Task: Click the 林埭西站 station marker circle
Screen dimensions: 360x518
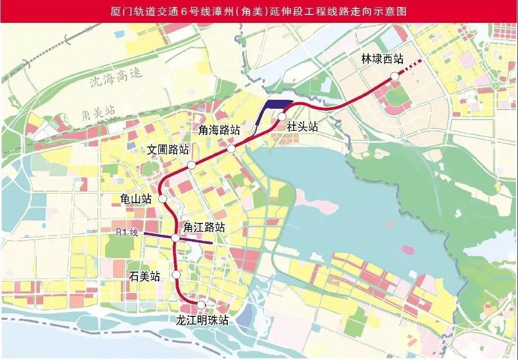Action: point(394,76)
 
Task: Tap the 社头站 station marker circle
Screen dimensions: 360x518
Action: point(282,117)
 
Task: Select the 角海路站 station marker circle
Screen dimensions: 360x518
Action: point(231,149)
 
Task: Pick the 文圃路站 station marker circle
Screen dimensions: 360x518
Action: point(191,165)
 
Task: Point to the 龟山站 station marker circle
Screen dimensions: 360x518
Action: point(162,199)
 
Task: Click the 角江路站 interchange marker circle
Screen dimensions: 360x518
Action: point(175,238)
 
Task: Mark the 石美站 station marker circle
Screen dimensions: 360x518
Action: point(176,275)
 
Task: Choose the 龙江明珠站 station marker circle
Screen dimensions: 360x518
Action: point(201,305)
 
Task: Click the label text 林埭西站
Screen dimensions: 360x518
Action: point(383,59)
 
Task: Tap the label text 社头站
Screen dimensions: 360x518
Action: point(302,127)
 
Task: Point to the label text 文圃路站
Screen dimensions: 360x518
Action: point(168,149)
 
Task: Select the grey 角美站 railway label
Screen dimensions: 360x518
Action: point(98,113)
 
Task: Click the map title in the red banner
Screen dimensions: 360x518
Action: point(259,11)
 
